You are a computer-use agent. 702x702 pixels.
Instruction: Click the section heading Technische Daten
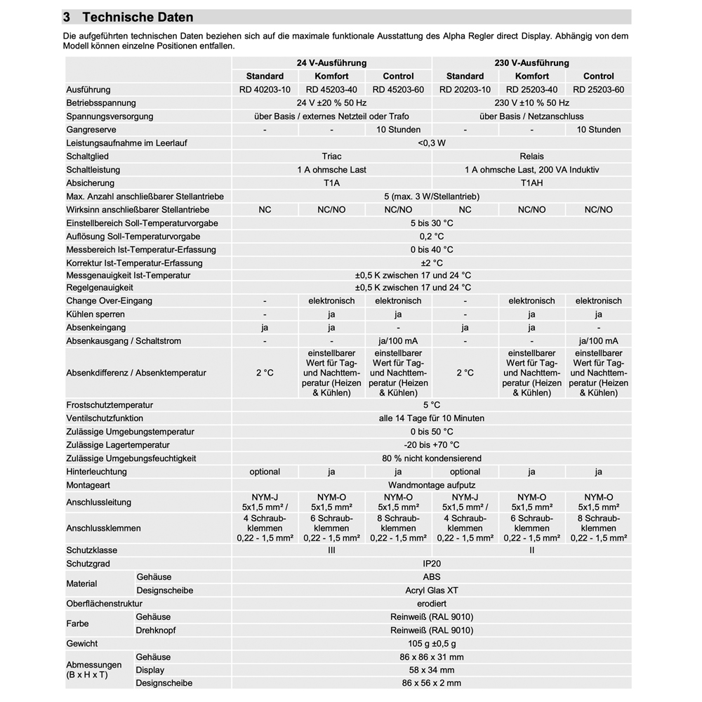[137, 17]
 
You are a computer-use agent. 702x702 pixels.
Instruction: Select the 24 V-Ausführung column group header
[331, 63]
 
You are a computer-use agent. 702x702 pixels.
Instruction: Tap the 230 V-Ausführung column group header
[531, 63]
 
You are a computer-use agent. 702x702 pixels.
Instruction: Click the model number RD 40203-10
[265, 90]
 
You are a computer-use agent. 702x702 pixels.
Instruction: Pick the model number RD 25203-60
[598, 90]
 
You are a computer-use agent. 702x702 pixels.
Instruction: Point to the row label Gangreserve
[91, 130]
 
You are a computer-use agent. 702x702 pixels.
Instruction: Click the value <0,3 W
[432, 143]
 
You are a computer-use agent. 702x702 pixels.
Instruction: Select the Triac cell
[331, 157]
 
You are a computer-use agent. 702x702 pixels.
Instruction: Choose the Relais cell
[531, 157]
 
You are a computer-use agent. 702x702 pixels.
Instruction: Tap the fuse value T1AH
[531, 183]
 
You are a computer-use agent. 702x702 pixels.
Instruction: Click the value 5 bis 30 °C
[432, 223]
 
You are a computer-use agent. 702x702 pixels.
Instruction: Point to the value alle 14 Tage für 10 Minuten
[432, 418]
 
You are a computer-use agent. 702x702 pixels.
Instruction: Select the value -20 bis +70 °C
[432, 445]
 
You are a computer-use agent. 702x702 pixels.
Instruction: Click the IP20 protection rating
[432, 564]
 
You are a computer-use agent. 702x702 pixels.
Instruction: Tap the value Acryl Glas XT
[432, 590]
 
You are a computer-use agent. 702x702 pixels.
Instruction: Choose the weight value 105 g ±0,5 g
[432, 644]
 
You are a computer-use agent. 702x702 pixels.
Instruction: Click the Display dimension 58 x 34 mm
[432, 670]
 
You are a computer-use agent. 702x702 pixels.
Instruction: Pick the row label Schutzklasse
[92, 550]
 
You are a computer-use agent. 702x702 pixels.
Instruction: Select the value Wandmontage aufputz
[432, 485]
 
